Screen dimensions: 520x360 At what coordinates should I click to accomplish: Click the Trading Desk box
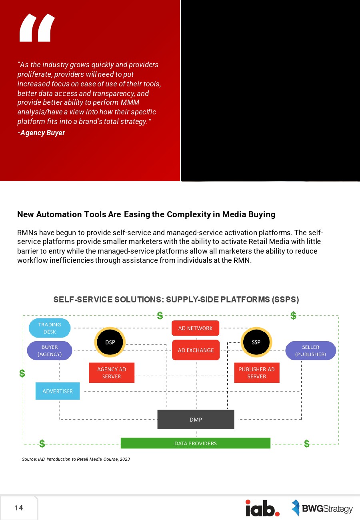point(50,328)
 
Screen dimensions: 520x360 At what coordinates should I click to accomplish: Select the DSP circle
point(110,342)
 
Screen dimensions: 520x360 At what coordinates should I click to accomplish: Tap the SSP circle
point(256,342)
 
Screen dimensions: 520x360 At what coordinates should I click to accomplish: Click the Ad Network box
point(196,328)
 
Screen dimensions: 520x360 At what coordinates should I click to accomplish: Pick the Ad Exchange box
point(196,350)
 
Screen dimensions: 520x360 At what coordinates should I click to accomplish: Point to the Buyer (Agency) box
point(50,351)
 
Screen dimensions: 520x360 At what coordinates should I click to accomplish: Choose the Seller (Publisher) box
point(310,351)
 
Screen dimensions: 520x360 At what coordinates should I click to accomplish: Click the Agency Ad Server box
point(111,373)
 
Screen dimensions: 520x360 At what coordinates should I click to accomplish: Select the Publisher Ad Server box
point(256,373)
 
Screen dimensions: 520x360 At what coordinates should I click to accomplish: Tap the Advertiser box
point(58,391)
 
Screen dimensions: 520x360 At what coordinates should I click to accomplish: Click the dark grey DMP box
point(196,420)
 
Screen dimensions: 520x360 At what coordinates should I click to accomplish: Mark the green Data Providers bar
point(196,443)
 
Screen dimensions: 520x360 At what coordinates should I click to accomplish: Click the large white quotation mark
point(37,28)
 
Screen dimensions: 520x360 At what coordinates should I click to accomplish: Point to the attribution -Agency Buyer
point(41,133)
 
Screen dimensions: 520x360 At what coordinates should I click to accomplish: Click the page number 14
point(19,508)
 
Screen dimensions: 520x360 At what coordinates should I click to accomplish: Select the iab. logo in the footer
point(262,508)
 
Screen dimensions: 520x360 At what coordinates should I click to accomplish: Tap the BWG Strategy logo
point(322,508)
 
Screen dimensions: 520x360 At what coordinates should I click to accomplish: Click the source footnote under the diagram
point(76,459)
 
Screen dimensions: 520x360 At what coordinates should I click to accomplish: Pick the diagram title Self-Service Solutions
point(176,300)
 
